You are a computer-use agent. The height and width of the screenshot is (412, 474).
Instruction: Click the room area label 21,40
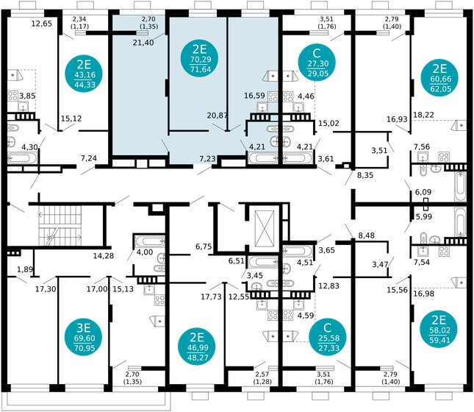[x=143, y=43]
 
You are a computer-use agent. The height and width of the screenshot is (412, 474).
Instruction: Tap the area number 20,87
[x=217, y=115]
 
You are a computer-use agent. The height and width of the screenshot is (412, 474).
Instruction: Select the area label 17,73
[x=212, y=296]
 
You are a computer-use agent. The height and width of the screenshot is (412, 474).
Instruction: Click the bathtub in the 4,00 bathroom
[x=150, y=241]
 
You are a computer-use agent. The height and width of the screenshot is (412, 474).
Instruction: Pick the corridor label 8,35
[x=365, y=176]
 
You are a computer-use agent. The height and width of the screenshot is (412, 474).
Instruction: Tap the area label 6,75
[x=203, y=246]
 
